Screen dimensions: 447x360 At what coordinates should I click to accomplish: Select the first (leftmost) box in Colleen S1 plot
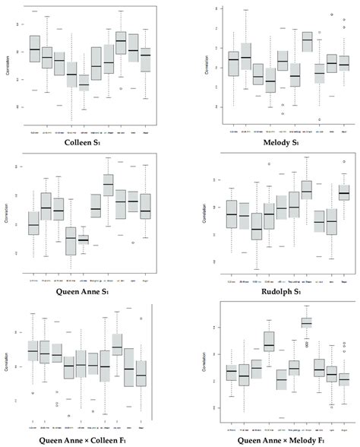[34, 47]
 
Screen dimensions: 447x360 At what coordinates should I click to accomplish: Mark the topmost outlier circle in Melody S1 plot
[332, 14]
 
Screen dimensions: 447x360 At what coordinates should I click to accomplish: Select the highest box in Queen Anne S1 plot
[108, 185]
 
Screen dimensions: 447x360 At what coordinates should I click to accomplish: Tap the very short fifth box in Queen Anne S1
[84, 239]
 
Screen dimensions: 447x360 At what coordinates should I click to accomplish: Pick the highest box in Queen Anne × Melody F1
[306, 322]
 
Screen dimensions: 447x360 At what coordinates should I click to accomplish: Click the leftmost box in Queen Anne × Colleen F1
[33, 350]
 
